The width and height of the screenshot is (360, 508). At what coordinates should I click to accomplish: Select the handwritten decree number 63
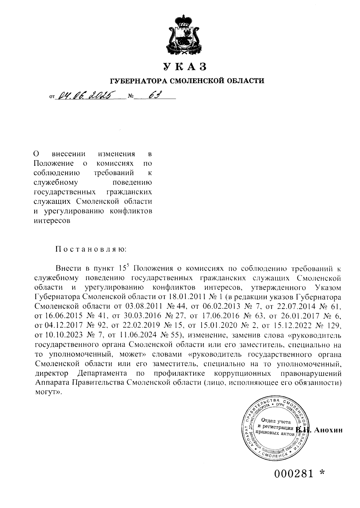point(155,95)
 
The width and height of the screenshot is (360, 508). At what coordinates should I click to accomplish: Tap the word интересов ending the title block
point(52,221)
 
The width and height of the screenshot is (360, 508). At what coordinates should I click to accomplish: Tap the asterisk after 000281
point(322,473)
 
